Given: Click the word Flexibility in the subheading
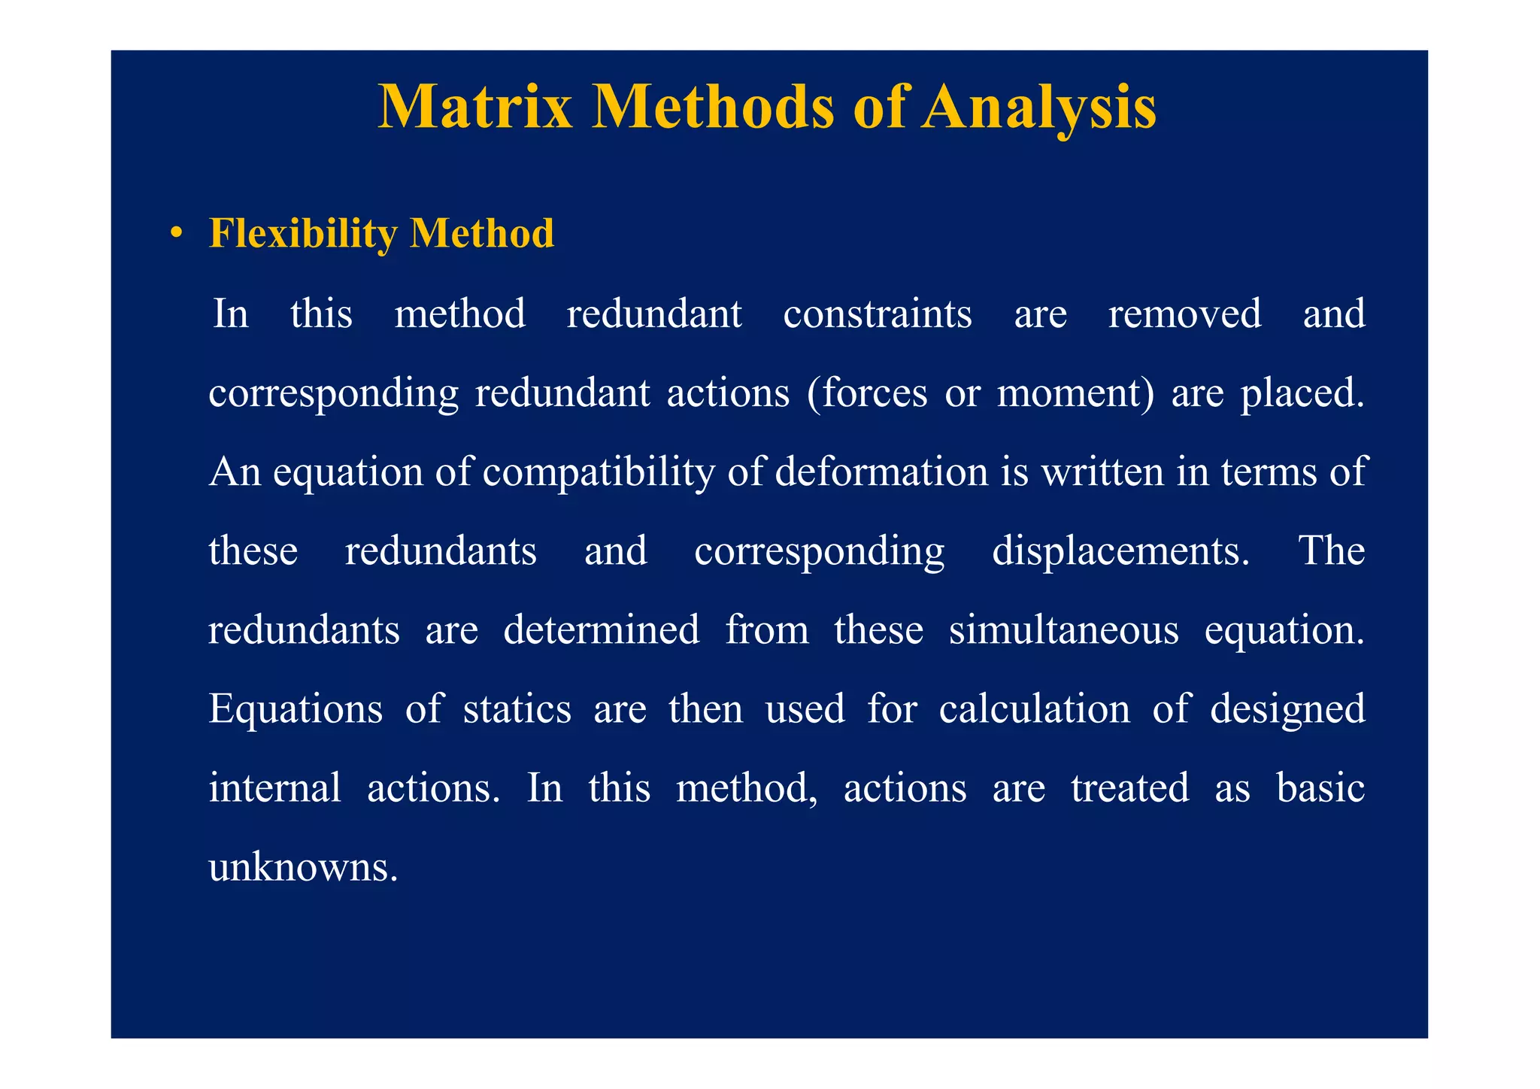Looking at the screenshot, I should coord(303,234).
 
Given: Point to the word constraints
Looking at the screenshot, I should coord(877,314).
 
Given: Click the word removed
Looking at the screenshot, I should coord(1184,314).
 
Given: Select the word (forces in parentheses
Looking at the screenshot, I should coord(866,393).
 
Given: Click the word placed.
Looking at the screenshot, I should coord(1302,393).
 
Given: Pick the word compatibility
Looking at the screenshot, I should coord(598,472).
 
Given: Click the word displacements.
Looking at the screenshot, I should coord(1120,551).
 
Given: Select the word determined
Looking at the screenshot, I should coord(601,630).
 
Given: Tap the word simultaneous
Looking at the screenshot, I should coord(1063,630).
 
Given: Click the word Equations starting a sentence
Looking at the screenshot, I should coord(296,710).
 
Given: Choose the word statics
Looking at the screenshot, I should coord(517,710).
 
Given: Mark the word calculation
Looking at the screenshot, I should coord(1034,710).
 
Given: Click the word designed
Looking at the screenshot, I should coord(1287,710).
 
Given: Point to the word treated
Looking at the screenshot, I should coord(1129,789).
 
